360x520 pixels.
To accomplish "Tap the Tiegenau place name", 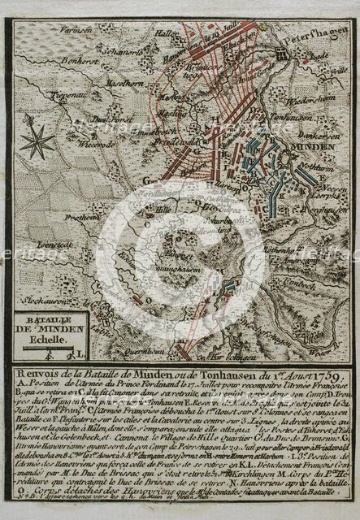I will (46, 95).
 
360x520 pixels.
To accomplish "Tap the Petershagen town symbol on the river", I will (281, 52).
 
